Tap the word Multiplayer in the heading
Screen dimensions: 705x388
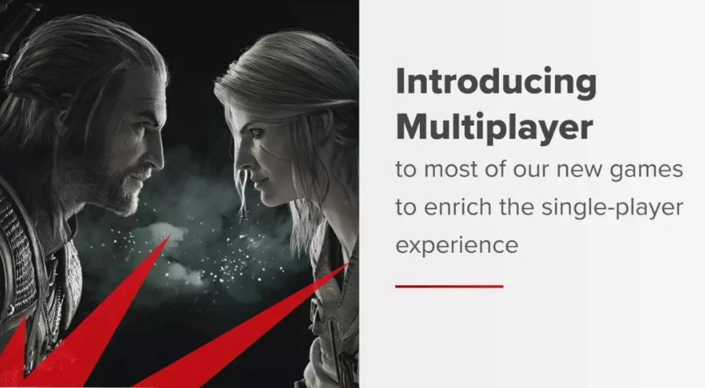(x=494, y=128)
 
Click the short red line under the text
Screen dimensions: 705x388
(x=449, y=286)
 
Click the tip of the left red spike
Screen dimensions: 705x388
(x=170, y=236)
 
